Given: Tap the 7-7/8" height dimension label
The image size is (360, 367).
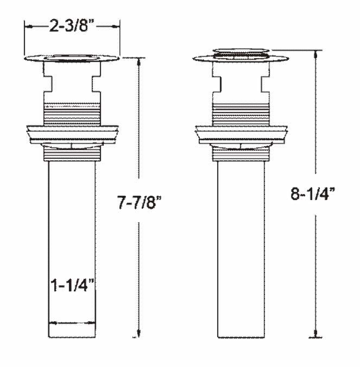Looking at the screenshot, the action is [140, 202].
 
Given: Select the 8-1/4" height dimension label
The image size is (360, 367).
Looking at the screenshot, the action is [313, 194].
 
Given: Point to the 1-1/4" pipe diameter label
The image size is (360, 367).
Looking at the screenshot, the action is [72, 285].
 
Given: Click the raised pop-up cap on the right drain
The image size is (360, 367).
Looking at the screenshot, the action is [242, 51].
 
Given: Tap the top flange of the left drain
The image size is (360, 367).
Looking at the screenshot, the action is [72, 58].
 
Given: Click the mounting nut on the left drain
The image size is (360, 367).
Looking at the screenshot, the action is [72, 135].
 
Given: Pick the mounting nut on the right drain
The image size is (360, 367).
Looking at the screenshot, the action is [242, 135].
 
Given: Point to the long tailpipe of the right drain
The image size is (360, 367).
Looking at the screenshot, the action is [241, 250].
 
